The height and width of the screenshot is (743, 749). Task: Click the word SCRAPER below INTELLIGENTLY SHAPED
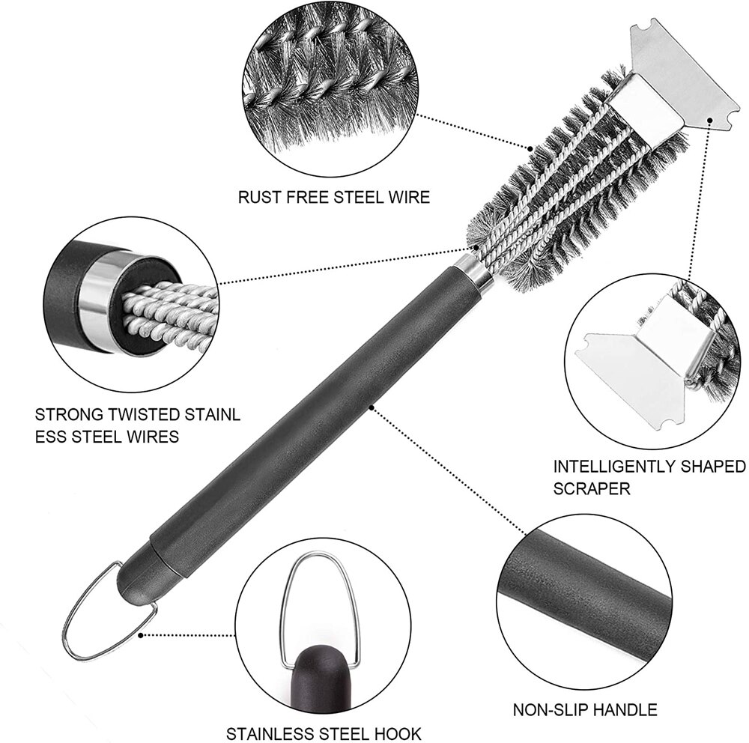(x=592, y=489)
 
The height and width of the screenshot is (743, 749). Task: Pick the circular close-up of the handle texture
(x=584, y=592)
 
